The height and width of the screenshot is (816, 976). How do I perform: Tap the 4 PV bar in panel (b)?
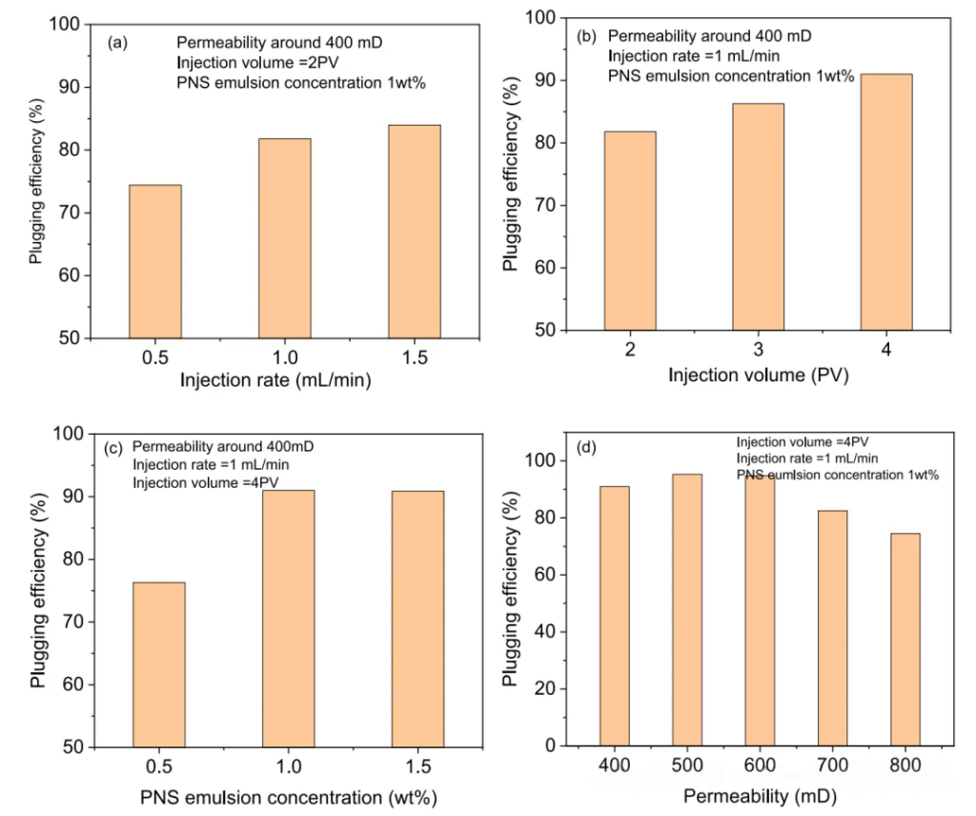tap(886, 202)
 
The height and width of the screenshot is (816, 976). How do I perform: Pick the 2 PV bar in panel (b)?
tap(629, 231)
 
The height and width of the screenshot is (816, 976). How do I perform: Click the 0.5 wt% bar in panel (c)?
tap(158, 664)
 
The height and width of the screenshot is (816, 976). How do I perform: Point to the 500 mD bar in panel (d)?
tap(686, 610)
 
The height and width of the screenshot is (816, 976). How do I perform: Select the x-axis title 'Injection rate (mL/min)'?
tap(274, 381)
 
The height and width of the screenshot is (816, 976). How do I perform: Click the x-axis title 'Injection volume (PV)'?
tap(757, 375)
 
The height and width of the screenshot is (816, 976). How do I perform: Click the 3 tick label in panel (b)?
tap(758, 350)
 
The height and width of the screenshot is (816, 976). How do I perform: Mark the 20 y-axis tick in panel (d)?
tap(548, 689)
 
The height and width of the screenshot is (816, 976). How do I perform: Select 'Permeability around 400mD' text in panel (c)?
tap(222, 446)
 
